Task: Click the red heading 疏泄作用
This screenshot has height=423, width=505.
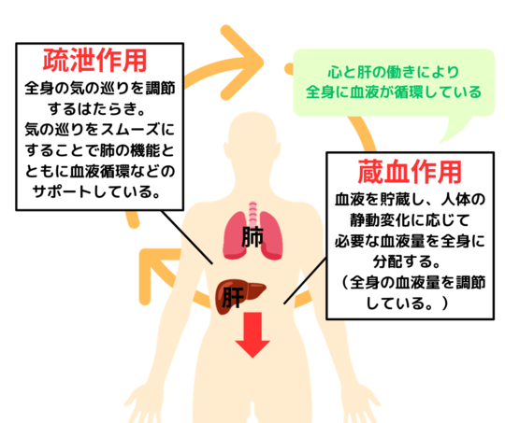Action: click(x=95, y=60)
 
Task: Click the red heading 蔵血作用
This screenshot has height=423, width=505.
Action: click(x=410, y=172)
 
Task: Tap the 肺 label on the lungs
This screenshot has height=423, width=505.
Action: click(x=252, y=237)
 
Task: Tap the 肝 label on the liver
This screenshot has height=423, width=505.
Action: click(x=233, y=297)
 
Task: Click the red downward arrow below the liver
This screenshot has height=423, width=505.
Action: click(x=252, y=334)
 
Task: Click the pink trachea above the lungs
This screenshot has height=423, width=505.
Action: click(x=253, y=214)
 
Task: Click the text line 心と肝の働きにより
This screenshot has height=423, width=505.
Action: click(x=394, y=72)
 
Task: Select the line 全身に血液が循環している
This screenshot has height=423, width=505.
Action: click(x=394, y=92)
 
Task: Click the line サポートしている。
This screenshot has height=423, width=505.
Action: click(x=96, y=191)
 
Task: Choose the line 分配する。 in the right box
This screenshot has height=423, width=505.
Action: click(x=407, y=261)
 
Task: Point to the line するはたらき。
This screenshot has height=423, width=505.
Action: click(x=96, y=108)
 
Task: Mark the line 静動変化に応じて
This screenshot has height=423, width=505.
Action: click(x=410, y=220)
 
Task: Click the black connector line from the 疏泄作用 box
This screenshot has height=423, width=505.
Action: click(x=187, y=237)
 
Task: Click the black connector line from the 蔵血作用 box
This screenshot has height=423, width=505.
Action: click(x=305, y=280)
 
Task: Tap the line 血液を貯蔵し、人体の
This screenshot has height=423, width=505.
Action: click(x=410, y=200)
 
